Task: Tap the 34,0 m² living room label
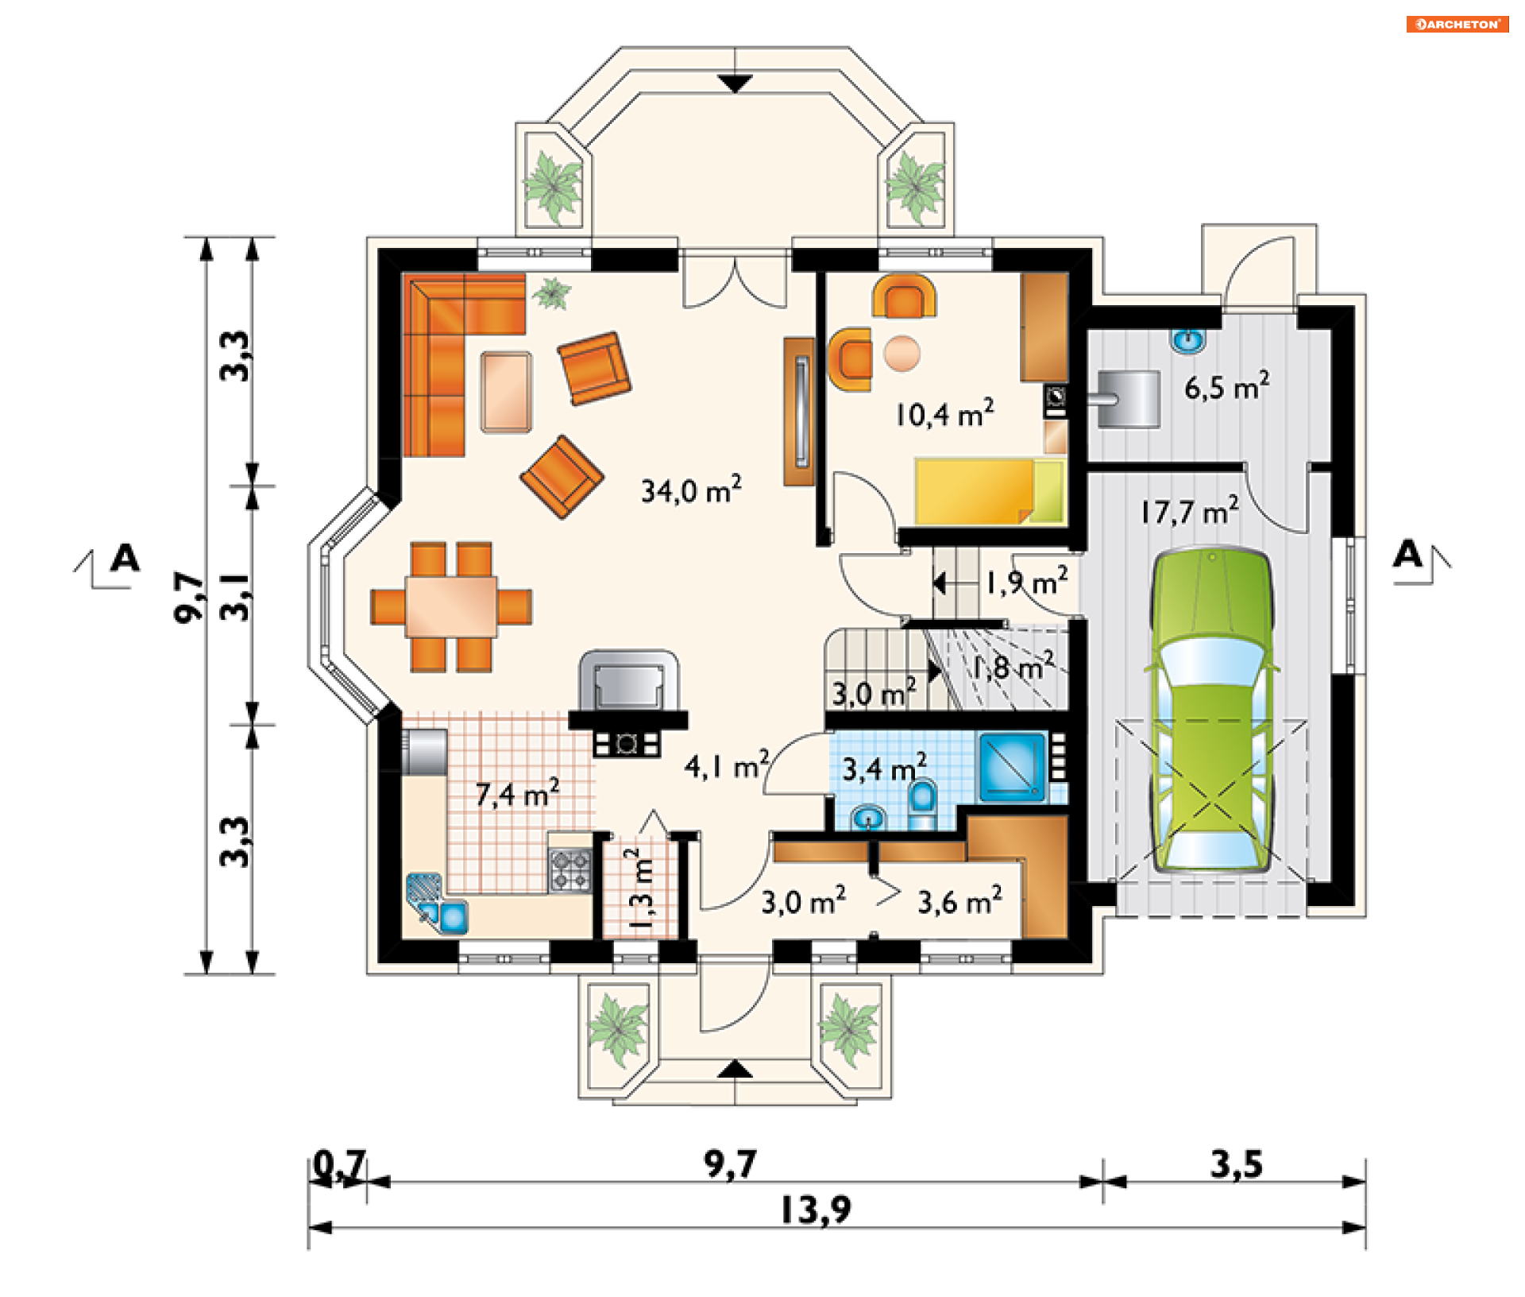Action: tap(691, 490)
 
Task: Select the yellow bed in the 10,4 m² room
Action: tap(990, 491)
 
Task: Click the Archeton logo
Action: tap(1457, 24)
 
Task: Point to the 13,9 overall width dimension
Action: tap(816, 1210)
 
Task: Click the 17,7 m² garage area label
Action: tap(1190, 511)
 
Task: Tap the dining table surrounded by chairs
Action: tap(451, 606)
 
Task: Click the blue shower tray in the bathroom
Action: tap(1013, 766)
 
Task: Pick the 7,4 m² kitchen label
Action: tap(517, 793)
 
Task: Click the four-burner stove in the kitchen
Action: tap(570, 869)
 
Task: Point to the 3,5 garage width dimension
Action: tap(1236, 1164)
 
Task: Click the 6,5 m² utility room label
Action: tap(1226, 387)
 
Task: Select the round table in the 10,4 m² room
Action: tap(901, 353)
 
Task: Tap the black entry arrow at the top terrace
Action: tap(735, 83)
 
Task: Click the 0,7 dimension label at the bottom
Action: tap(339, 1165)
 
